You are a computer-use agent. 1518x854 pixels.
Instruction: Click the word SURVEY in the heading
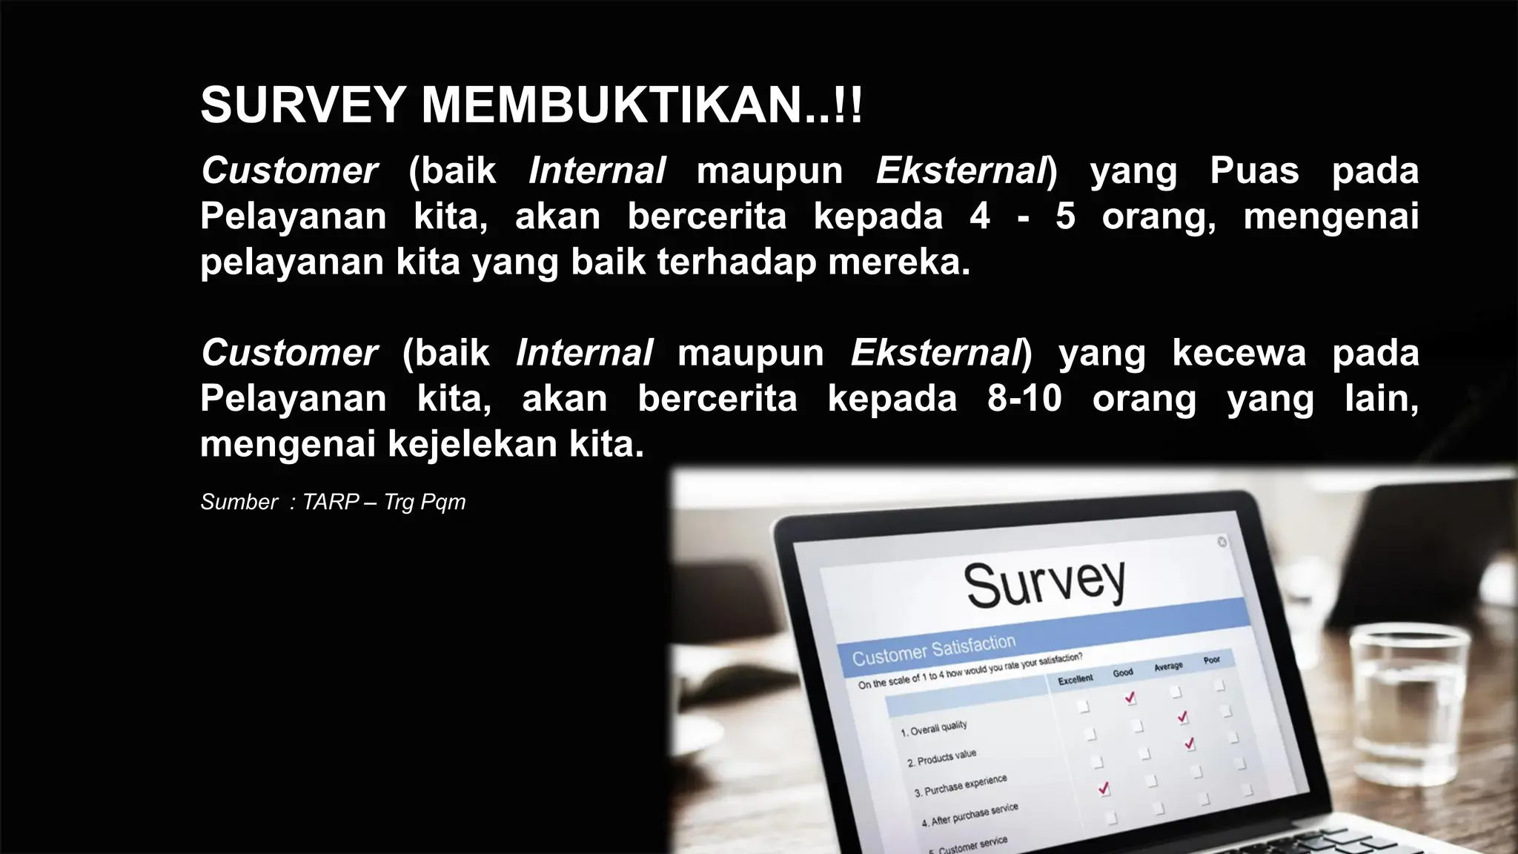302,105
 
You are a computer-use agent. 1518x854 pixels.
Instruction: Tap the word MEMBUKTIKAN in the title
612,105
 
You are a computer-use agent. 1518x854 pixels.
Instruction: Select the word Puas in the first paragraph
1254,171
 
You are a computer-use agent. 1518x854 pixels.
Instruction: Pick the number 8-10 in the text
1024,399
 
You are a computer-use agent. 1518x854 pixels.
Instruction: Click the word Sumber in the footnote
239,503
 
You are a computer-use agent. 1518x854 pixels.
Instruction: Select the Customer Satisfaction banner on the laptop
934,649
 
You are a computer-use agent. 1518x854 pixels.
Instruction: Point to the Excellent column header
1075,678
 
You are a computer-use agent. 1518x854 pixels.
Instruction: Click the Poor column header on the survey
1212,659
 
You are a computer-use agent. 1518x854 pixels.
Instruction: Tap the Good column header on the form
1123,672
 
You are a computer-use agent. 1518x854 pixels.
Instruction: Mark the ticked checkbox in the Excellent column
1104,788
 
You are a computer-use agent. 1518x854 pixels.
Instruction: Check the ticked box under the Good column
1130,698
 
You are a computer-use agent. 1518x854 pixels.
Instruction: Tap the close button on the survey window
1222,542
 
